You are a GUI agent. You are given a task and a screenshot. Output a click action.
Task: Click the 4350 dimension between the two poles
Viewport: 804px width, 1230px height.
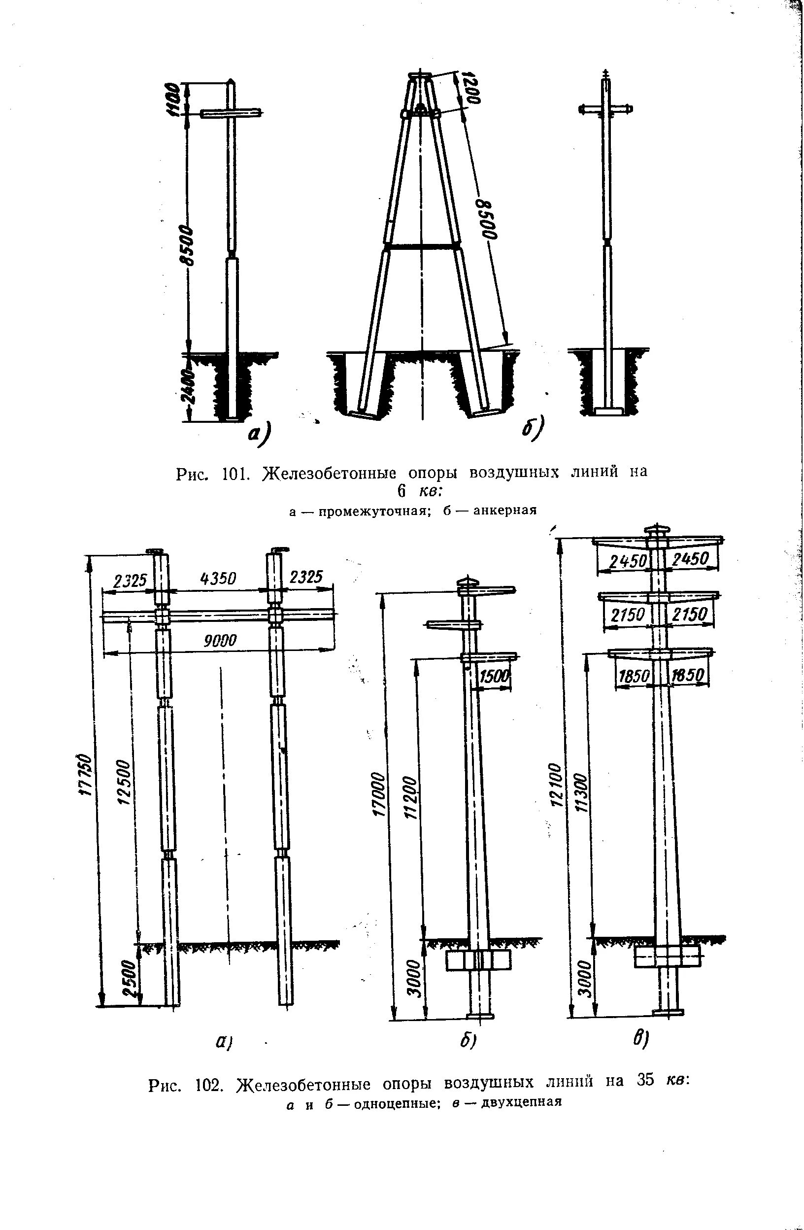(218, 579)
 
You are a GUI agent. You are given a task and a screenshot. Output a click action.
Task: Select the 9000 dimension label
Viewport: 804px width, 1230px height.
(220, 641)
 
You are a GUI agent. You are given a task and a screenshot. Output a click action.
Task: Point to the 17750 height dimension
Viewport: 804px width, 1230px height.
(87, 775)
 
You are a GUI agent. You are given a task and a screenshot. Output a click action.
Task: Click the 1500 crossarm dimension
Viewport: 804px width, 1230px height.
(495, 677)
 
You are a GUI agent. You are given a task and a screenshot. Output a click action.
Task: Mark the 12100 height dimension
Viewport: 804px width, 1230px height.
(556, 785)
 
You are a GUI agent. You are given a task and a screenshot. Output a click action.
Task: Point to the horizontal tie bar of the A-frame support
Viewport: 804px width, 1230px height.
(422, 246)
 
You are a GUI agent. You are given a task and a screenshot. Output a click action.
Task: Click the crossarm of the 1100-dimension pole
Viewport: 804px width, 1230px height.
(231, 112)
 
